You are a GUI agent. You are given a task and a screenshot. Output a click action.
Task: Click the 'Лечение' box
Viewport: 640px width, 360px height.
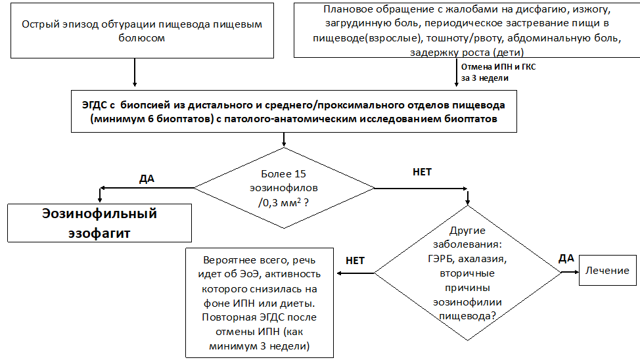(608, 270)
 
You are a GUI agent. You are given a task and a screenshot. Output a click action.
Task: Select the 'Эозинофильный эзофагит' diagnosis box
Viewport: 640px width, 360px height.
(99, 223)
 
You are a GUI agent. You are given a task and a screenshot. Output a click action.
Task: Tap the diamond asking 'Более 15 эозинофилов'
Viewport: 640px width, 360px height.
(284, 189)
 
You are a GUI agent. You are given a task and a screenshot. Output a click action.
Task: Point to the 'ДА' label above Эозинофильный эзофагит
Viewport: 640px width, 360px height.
(147, 178)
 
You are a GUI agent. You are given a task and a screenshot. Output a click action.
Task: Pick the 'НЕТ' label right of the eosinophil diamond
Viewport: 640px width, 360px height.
(422, 172)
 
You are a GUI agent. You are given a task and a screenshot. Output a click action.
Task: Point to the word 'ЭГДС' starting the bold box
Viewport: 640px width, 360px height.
(93, 105)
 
